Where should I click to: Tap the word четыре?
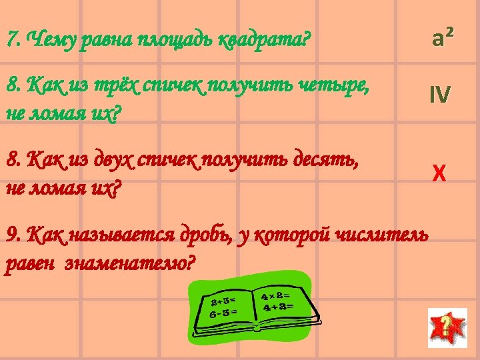(333, 86)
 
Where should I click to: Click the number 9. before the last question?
(12, 235)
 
